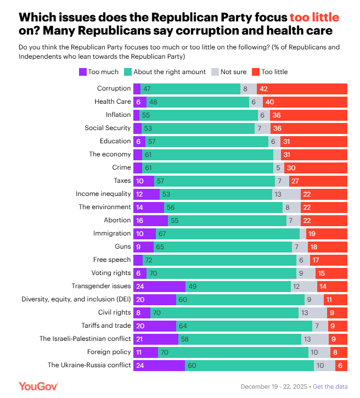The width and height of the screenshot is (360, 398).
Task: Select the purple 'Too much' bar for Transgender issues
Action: point(159,286)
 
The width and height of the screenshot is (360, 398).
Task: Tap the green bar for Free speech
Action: point(219,260)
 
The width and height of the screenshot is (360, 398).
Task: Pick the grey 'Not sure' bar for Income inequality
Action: point(286,194)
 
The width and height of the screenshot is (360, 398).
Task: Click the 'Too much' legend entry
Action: point(99,72)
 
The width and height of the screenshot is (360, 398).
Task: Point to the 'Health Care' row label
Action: point(113,102)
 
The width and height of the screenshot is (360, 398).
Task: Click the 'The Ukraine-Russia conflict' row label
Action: point(89,365)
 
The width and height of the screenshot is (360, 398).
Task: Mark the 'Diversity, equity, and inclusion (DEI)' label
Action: point(76,299)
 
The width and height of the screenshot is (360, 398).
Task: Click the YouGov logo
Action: point(38,386)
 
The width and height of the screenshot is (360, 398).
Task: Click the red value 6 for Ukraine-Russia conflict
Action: point(341,365)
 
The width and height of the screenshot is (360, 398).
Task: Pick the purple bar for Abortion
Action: point(150,220)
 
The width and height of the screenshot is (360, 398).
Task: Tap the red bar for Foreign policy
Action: point(339,352)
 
